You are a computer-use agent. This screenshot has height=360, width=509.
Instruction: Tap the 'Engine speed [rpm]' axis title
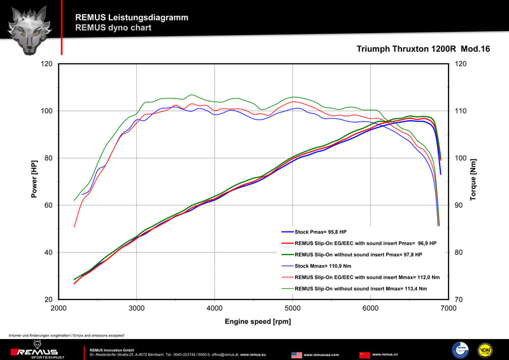coord(253,321)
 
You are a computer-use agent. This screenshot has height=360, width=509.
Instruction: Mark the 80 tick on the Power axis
coord(48,158)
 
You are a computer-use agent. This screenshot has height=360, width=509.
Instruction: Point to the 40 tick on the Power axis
coord(48,253)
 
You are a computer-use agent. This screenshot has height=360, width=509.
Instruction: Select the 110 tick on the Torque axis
coord(461,111)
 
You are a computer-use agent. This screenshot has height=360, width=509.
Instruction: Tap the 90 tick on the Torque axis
coord(461,205)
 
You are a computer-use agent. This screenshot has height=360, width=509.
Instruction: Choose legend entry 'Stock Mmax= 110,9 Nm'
coord(331,266)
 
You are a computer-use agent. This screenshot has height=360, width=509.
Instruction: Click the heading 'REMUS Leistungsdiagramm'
coord(131,18)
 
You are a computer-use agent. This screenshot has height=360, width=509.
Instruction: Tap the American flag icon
coord(296,354)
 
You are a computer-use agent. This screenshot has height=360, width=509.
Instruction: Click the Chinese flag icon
coord(365,354)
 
